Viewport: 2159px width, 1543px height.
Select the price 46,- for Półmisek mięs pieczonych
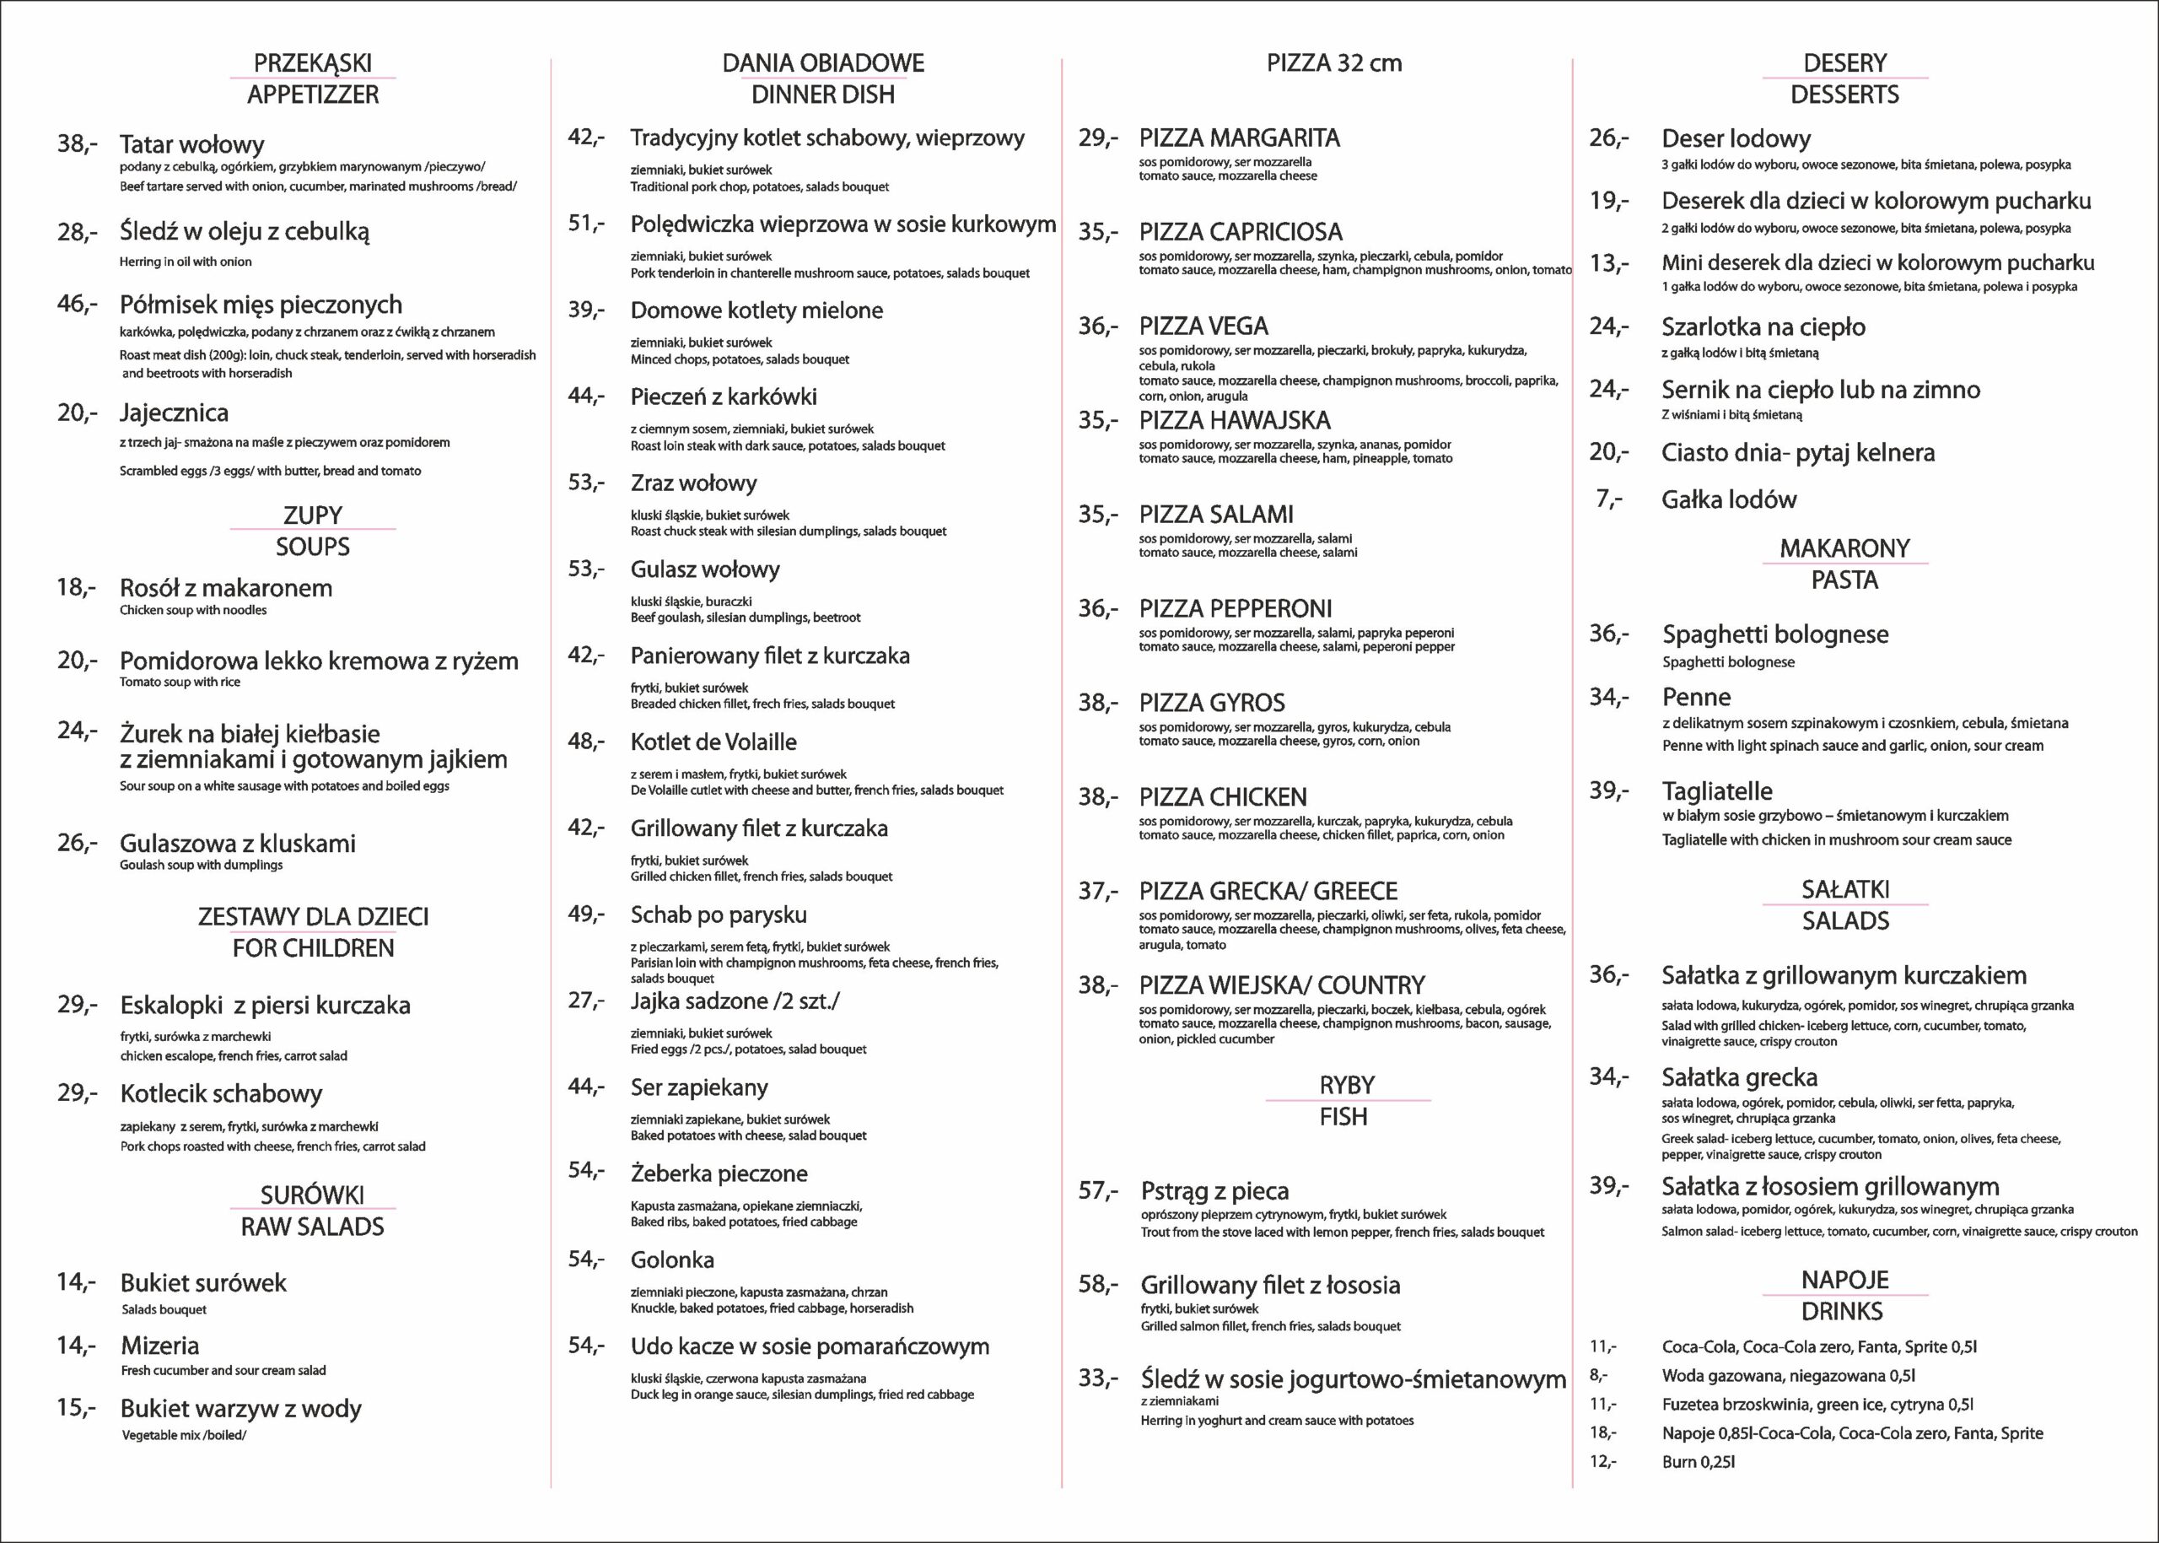pos(77,304)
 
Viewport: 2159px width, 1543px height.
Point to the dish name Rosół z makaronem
pos(225,587)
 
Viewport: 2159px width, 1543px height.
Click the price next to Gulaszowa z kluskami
pos(77,842)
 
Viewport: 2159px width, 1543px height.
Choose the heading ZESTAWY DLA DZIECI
pos(313,916)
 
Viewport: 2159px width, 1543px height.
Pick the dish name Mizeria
pos(159,1346)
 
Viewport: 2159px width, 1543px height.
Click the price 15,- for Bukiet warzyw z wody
pos(76,1407)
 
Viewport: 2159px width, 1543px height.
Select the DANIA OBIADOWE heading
pos(822,62)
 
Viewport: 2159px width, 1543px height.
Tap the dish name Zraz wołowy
pos(693,483)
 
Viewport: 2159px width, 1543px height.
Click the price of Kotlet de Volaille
pos(586,741)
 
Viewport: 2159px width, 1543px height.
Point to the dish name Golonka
pos(671,1260)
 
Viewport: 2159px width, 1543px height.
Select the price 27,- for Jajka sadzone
pos(586,1001)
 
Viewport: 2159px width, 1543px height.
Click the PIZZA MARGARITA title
pos(1239,138)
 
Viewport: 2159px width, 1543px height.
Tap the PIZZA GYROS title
pos(1211,703)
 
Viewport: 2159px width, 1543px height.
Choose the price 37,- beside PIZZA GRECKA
pos(1098,890)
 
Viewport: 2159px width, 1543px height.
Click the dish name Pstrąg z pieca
pos(1214,1190)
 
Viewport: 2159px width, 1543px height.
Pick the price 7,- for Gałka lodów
pos(1609,499)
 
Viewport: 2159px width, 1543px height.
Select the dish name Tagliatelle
pos(1716,790)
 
